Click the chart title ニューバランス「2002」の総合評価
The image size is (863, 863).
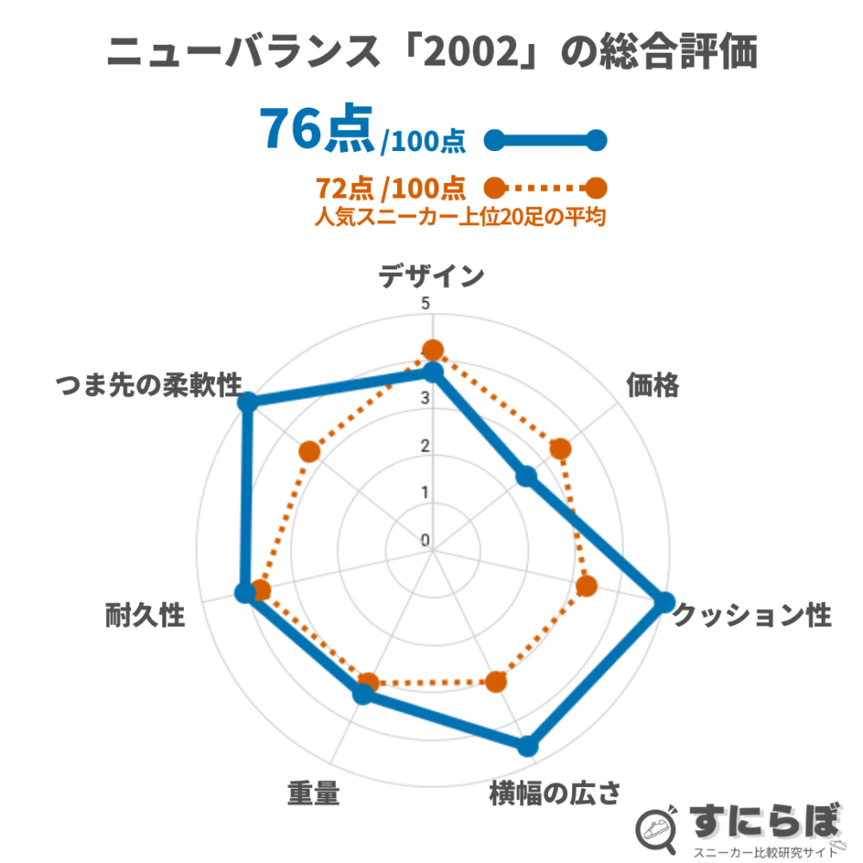pyautogui.click(x=431, y=54)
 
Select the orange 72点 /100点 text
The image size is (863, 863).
pyautogui.click(x=390, y=187)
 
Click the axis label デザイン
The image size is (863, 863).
pyautogui.click(x=431, y=275)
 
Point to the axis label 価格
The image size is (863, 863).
pyautogui.click(x=652, y=386)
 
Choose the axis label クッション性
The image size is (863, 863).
pyautogui.click(x=752, y=616)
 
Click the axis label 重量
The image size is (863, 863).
pyautogui.click(x=313, y=792)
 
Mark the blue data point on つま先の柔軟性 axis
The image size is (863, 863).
pyautogui.click(x=249, y=402)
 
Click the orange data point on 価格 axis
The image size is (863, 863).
pyautogui.click(x=560, y=449)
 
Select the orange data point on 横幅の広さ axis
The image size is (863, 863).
pyautogui.click(x=495, y=682)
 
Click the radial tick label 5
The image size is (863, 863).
pyautogui.click(x=425, y=305)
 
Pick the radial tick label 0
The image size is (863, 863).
pyautogui.click(x=425, y=540)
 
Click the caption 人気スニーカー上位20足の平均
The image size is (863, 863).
pyautogui.click(x=459, y=217)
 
